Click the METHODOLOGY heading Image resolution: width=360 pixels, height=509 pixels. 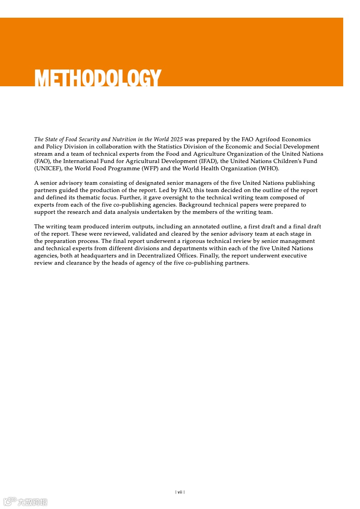[x=98, y=78]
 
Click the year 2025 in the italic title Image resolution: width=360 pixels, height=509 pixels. [x=177, y=139]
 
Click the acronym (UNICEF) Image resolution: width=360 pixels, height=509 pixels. [x=48, y=168]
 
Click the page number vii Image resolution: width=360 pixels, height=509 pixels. [x=180, y=492]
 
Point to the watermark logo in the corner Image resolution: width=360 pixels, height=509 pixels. [x=25, y=501]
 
